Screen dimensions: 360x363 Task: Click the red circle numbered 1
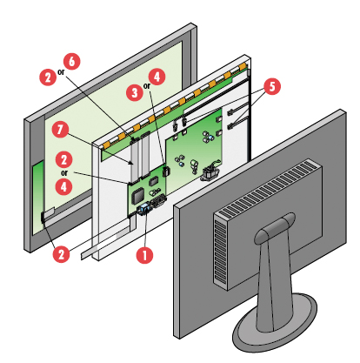[x=144, y=255]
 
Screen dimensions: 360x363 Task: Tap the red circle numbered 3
[x=135, y=93]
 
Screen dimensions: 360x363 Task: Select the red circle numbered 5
[x=272, y=86]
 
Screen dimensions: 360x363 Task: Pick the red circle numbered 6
[x=71, y=61]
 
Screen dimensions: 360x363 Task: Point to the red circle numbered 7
[x=60, y=130]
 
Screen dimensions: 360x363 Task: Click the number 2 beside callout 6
[x=48, y=77]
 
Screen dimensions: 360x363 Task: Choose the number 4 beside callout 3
[x=157, y=77]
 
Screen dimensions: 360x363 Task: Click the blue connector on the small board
[x=144, y=209]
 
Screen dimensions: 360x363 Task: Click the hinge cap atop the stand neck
[x=274, y=227]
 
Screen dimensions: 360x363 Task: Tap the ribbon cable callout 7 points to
[x=134, y=161]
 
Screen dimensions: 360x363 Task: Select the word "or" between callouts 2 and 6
[x=61, y=72]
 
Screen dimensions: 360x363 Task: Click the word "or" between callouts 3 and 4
[x=147, y=86]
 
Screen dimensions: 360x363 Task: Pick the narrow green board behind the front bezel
[x=38, y=198]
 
